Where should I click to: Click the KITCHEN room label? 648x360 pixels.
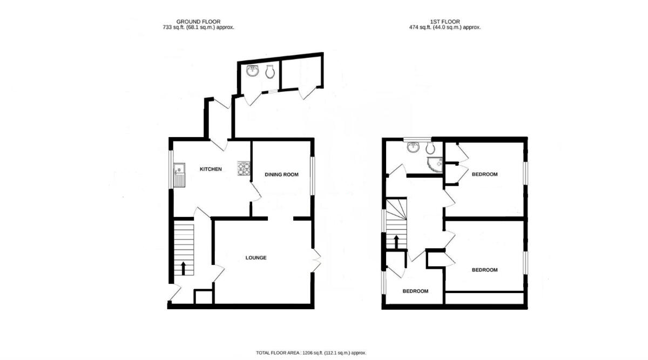point(211,169)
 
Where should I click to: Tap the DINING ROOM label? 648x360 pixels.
point(281,174)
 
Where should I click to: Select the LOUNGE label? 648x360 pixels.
point(256,258)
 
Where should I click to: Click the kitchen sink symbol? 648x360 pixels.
point(178,175)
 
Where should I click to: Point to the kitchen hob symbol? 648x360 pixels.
point(244,169)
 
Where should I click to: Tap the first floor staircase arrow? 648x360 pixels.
point(397,241)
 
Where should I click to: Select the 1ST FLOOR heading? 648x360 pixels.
point(445,22)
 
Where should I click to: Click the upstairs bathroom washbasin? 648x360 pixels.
point(414,147)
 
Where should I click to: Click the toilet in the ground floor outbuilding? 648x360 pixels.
point(270,72)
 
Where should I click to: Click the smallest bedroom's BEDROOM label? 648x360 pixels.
point(415,291)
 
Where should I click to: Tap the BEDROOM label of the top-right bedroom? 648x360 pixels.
point(484,174)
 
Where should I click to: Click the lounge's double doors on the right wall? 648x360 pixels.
point(316,261)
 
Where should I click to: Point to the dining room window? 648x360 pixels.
point(312,176)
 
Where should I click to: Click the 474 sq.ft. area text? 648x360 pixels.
point(445,27)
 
